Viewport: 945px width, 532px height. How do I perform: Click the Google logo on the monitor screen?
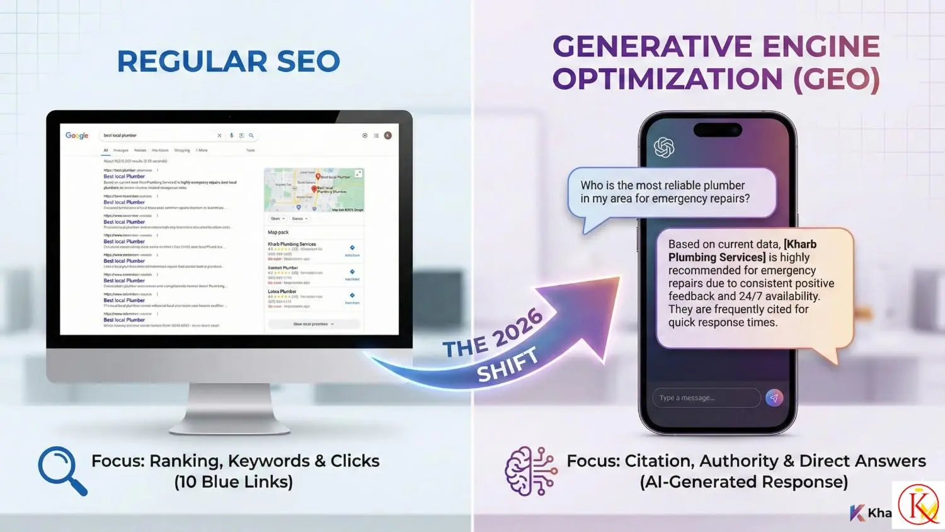77,136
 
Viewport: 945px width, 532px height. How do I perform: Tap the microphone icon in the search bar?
231,136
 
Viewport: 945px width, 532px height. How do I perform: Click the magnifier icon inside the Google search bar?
251,136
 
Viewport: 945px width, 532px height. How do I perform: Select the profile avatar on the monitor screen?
388,136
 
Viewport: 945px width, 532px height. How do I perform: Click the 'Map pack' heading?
278,233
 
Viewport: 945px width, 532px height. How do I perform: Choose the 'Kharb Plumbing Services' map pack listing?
292,244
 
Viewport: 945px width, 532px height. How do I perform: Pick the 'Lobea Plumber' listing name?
282,291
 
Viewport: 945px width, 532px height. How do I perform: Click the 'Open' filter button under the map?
277,219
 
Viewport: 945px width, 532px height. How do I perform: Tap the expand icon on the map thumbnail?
358,173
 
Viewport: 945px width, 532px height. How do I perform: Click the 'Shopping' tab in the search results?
182,151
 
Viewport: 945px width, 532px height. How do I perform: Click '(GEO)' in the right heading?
836,79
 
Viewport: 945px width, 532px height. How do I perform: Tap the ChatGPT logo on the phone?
664,147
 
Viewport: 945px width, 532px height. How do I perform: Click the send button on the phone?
774,398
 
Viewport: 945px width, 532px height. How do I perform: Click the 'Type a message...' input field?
706,398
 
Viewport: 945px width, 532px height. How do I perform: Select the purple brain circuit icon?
530,471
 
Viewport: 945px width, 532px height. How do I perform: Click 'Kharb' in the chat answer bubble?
801,245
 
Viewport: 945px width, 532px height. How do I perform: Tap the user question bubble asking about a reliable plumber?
671,192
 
